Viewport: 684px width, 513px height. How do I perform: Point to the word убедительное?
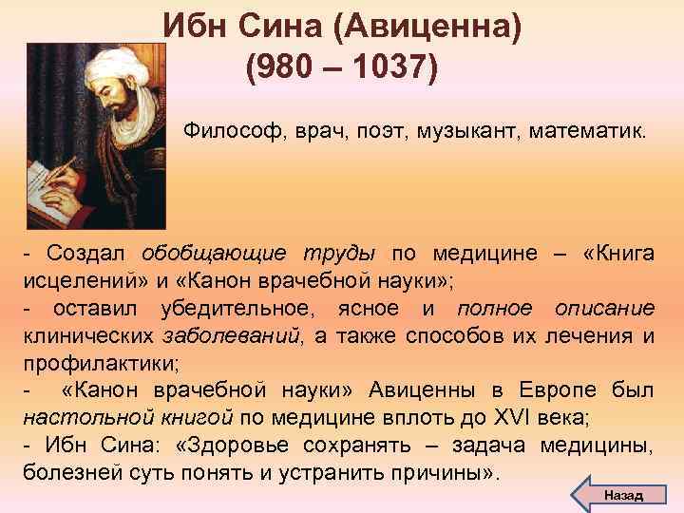pyautogui.click(x=232, y=309)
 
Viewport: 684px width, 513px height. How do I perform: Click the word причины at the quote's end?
pyautogui.click(x=446, y=472)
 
